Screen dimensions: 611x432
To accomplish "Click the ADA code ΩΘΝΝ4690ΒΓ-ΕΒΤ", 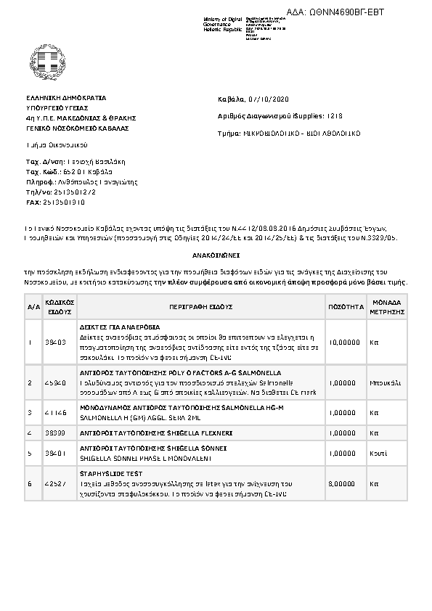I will [x=346, y=12].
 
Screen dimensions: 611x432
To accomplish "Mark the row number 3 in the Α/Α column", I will [x=30, y=412].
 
